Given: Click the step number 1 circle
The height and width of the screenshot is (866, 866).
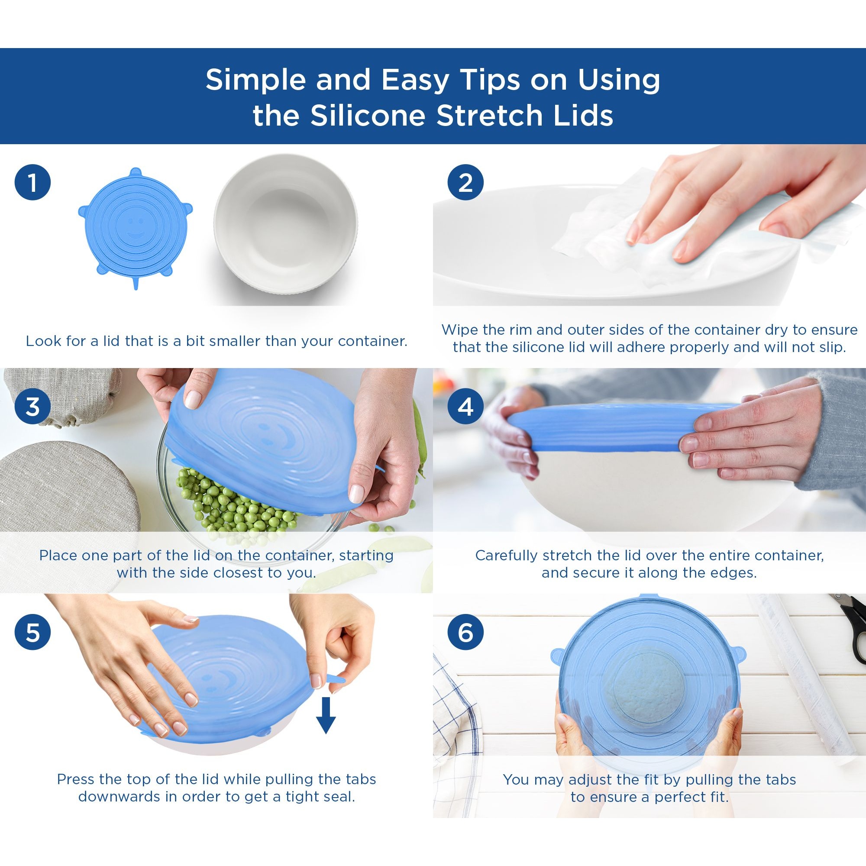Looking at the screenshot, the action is point(33,182).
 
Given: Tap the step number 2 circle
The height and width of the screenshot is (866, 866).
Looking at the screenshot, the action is point(466,182).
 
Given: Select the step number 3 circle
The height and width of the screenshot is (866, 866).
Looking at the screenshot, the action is point(33,407).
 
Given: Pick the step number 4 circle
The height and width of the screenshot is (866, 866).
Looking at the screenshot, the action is point(466,407).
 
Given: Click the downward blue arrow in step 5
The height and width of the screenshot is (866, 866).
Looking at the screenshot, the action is point(326,715).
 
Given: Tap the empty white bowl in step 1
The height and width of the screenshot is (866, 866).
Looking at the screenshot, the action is point(285,224).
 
